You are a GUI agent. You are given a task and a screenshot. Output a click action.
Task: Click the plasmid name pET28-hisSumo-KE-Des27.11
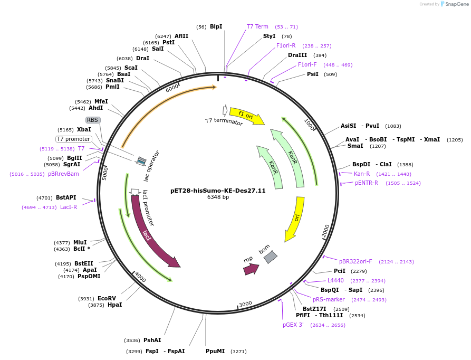tap(218, 190)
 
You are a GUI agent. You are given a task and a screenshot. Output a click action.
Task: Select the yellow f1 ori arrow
tap(251, 117)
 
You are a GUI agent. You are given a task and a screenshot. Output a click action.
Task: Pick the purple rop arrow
tap(251, 269)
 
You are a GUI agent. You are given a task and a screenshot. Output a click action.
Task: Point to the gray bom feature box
tap(271, 257)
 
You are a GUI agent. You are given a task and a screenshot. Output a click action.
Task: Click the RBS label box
tap(93, 120)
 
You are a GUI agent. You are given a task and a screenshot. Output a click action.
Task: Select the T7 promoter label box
tap(74, 139)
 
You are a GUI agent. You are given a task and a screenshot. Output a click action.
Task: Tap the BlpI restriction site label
tap(216, 27)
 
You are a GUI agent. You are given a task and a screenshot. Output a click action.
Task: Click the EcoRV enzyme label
tap(107, 298)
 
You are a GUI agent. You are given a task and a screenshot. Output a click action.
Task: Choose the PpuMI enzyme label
tap(215, 351)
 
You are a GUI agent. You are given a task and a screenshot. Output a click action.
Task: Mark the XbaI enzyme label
tap(84, 129)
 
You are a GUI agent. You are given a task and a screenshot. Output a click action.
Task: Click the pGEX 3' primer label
tap(293, 325)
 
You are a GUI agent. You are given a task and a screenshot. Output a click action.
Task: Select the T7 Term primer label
tap(257, 26)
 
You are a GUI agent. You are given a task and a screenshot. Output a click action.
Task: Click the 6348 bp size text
tap(218, 197)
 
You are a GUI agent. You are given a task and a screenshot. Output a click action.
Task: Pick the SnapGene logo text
tap(457, 4)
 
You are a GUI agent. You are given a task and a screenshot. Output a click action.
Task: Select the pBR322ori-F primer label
tap(355, 261)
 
